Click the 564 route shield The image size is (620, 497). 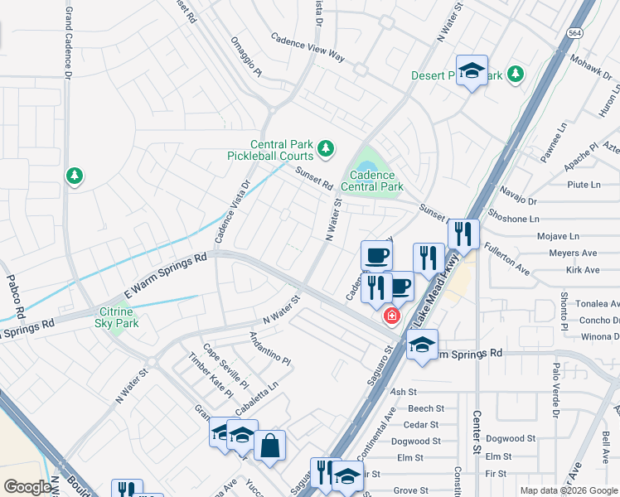point(574,31)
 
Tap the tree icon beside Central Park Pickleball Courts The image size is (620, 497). point(327,148)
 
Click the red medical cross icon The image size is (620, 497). point(390,316)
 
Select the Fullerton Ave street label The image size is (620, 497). point(506,258)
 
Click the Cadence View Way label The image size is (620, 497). point(308,46)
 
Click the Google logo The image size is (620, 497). point(27,487)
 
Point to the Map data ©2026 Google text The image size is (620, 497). point(568,490)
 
